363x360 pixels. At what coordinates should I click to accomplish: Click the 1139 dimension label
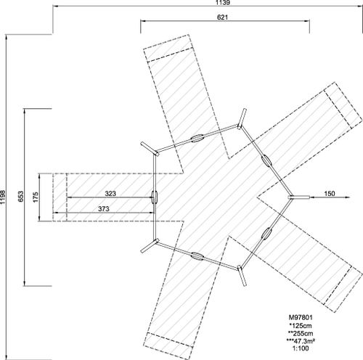tap(223, 2)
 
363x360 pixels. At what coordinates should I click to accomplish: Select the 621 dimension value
tap(222, 17)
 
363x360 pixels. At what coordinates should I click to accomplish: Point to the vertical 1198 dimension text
tap(3, 197)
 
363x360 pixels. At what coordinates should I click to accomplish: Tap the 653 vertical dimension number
tap(21, 197)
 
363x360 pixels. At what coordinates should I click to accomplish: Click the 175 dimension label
tap(36, 197)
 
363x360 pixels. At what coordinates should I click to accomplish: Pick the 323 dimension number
tap(110, 194)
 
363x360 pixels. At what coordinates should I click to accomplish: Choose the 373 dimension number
tap(104, 208)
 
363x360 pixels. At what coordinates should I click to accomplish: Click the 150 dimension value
tap(330, 194)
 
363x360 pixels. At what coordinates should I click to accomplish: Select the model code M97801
tap(301, 317)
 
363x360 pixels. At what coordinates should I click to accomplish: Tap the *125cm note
tap(301, 325)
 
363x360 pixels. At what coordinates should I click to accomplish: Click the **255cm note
tap(301, 333)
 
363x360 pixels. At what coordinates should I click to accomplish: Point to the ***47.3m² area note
tap(301, 341)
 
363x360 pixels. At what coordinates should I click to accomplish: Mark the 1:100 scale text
tap(301, 348)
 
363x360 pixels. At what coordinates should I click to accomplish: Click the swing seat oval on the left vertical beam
tap(155, 197)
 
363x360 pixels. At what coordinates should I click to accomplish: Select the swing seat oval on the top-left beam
tap(197, 139)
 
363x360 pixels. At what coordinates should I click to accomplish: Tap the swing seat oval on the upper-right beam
tap(266, 160)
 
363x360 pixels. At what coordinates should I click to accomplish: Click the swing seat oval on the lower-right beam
tap(266, 234)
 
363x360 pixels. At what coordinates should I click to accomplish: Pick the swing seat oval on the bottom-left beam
tap(197, 256)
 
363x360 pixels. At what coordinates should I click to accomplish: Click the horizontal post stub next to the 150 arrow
tap(299, 197)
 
